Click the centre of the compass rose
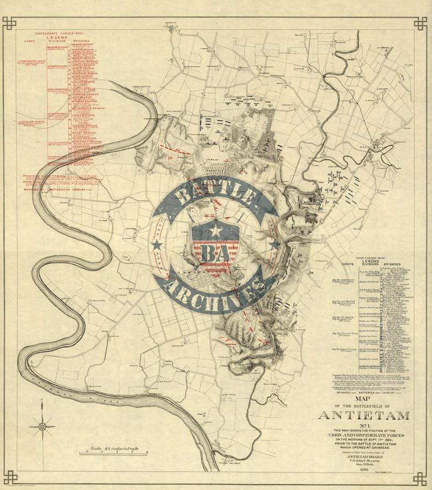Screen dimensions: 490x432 click(x=42, y=425)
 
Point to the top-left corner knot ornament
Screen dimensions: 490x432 click(x=9, y=24)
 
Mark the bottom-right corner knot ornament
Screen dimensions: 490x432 click(x=420, y=478)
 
